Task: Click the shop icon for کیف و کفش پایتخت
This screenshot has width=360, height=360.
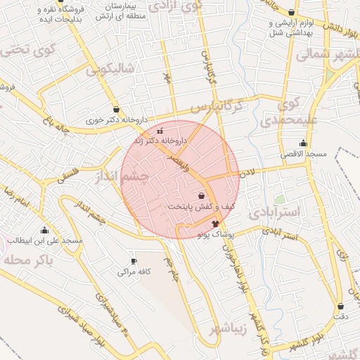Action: pyautogui.click(x=202, y=196)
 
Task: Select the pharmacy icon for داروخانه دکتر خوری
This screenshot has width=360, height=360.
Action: pyautogui.click(x=115, y=110)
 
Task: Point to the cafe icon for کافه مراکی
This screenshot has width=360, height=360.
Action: pyautogui.click(x=134, y=262)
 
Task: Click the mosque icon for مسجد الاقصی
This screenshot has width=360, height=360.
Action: pyautogui.click(x=303, y=143)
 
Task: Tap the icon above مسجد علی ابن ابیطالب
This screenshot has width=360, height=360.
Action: pyautogui.click(x=45, y=230)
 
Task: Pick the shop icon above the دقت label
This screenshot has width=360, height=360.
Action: pyautogui.click(x=341, y=307)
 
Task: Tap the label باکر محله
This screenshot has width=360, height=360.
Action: pyautogui.click(x=28, y=259)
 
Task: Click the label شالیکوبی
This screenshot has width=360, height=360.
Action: pyautogui.click(x=110, y=70)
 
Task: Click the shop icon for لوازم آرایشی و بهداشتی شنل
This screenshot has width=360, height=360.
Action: pyautogui.click(x=292, y=12)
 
